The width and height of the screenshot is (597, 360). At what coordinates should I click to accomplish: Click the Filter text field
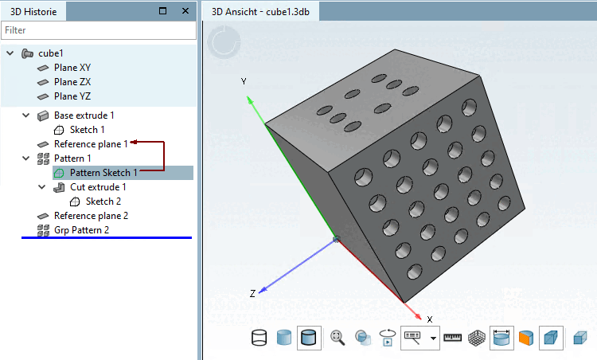pos(98,30)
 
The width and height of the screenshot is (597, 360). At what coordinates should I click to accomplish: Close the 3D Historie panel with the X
pos(185,11)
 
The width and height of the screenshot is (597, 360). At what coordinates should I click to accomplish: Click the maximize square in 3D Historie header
pos(163,11)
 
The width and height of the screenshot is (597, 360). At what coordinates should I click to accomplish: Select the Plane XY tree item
pos(72,68)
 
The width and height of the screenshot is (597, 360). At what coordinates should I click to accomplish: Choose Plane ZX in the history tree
pos(72,82)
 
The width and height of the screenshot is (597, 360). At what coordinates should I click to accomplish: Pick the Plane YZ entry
pos(72,96)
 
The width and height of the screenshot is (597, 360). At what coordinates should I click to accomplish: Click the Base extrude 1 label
pos(84,115)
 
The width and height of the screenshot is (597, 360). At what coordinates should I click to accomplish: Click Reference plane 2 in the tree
pos(91,216)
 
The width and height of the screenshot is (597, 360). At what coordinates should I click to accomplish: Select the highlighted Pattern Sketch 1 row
pos(103,173)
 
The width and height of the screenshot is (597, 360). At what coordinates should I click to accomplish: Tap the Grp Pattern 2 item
pos(81,230)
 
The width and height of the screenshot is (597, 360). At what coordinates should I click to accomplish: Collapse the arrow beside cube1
pos(10,53)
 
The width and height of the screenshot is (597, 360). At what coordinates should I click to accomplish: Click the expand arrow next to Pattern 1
pos(26,158)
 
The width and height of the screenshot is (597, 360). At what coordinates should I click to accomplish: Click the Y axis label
pos(244,82)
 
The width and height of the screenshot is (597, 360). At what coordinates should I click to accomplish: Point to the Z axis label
pos(252,294)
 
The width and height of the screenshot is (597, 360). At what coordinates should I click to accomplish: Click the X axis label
pos(430,319)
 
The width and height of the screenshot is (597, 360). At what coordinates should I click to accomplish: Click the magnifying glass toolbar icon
pos(338,338)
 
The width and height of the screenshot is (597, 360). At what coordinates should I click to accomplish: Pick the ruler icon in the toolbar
pos(453,338)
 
